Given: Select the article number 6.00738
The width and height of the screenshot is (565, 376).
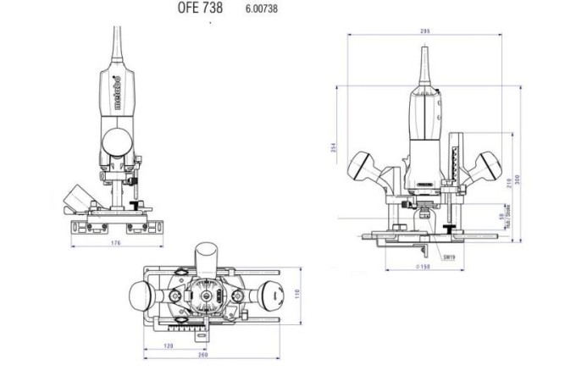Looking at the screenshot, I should click(x=261, y=8).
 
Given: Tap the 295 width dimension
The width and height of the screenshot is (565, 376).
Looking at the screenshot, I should click(x=424, y=31).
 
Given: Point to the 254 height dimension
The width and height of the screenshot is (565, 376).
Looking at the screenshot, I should click(x=332, y=148).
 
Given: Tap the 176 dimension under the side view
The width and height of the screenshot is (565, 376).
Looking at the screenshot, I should click(x=116, y=243).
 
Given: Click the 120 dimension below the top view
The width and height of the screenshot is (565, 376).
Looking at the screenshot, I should click(x=169, y=347).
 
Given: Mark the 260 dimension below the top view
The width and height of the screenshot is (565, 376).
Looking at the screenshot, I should click(x=203, y=355).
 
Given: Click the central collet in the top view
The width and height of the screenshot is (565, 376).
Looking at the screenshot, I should click(x=203, y=300).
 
